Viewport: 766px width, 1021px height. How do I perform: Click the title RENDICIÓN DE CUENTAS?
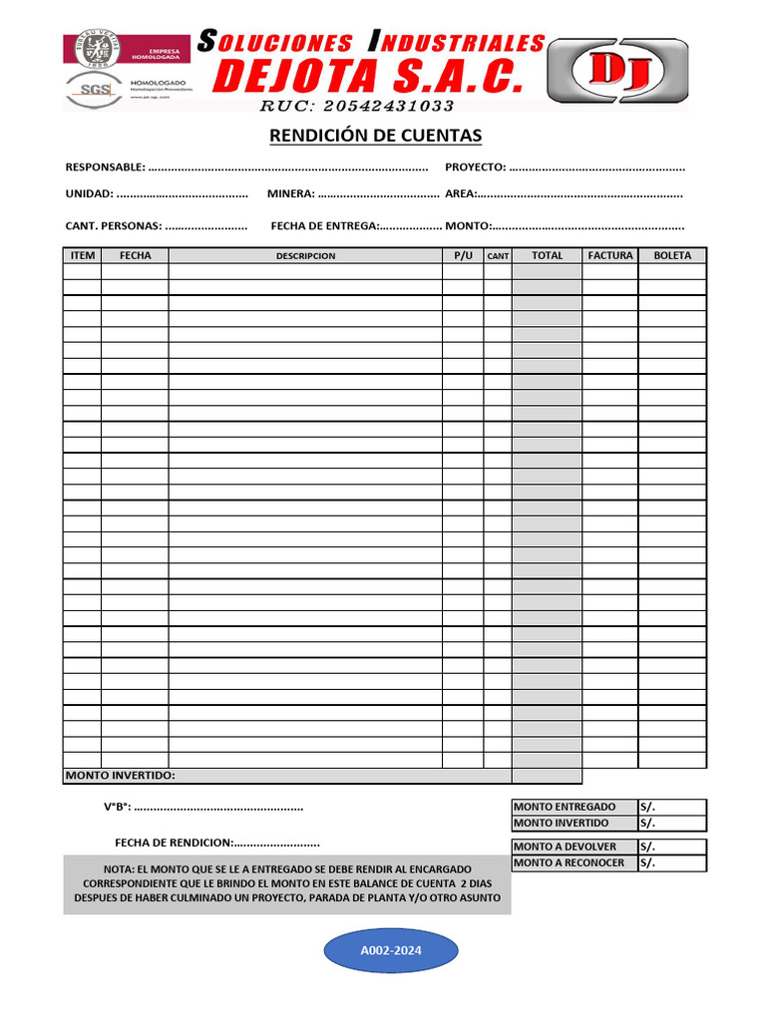(x=375, y=136)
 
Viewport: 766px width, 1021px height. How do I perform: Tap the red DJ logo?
(x=618, y=72)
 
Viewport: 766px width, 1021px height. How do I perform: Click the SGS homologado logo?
(x=96, y=89)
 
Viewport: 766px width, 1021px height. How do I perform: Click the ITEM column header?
(x=83, y=256)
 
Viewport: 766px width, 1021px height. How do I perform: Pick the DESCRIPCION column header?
(x=305, y=256)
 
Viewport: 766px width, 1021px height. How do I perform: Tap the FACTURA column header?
(x=610, y=256)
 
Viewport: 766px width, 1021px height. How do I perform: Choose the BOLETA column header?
(x=672, y=256)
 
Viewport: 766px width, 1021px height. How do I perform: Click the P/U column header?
(x=463, y=256)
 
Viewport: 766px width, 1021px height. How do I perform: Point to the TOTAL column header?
(x=547, y=256)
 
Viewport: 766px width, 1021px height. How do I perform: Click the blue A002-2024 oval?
(x=391, y=951)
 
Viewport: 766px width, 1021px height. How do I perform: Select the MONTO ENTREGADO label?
(x=565, y=807)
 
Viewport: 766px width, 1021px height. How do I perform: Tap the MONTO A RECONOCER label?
(x=569, y=863)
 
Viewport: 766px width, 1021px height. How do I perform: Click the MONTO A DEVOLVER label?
(x=565, y=847)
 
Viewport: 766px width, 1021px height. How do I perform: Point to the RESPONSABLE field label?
(x=105, y=167)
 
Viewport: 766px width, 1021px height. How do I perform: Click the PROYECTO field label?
(x=475, y=167)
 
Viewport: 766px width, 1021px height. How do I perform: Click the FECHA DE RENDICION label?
(x=174, y=843)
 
